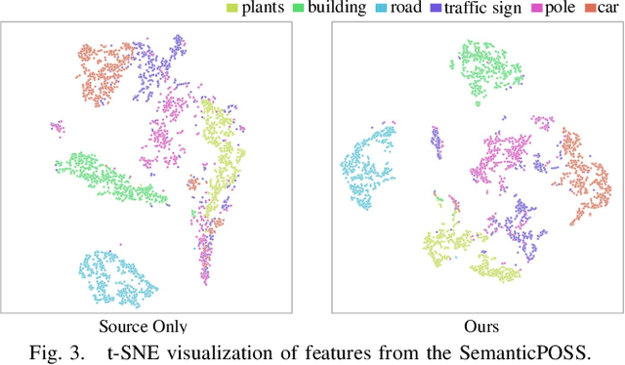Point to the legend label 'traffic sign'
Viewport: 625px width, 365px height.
tap(496, 9)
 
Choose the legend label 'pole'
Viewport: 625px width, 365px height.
tap(571, 9)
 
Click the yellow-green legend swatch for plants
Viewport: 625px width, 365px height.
tap(231, 9)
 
